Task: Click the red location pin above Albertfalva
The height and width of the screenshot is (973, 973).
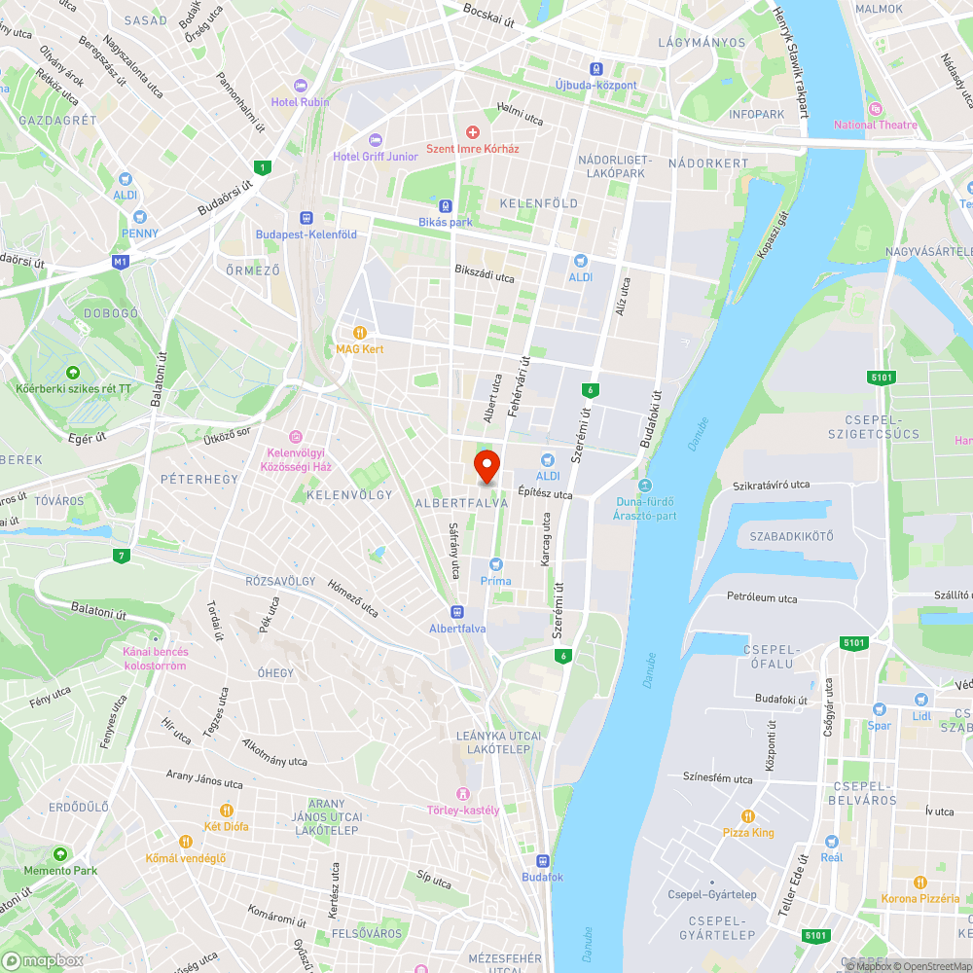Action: coord(486,465)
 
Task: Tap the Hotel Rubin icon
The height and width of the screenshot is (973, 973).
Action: coord(300,85)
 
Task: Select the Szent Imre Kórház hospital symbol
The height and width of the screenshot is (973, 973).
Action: coord(473,131)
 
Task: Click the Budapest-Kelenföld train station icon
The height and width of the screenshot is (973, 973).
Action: coord(306,218)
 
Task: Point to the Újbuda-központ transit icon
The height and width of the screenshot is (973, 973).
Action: coord(595,68)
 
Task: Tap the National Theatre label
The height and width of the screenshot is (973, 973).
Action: coord(875,125)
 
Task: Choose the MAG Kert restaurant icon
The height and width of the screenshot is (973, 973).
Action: coord(360,332)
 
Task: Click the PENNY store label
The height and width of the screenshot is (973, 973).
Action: coord(139,234)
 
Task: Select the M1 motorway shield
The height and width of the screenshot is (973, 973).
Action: coord(121,262)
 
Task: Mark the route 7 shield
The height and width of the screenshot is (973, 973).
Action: coord(121,556)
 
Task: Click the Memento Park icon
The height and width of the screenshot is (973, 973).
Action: coord(60,853)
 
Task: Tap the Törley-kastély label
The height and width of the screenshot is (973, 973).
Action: coord(463,811)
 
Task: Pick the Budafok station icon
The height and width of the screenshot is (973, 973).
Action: coord(542,860)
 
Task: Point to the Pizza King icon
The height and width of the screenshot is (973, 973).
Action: coord(748,815)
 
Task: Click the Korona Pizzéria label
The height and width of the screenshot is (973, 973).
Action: coord(919,898)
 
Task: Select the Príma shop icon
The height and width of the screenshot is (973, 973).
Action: coord(496,564)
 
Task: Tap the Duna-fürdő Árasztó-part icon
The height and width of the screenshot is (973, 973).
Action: coord(644,486)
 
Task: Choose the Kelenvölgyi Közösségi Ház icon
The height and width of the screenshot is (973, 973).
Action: coord(297,436)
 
